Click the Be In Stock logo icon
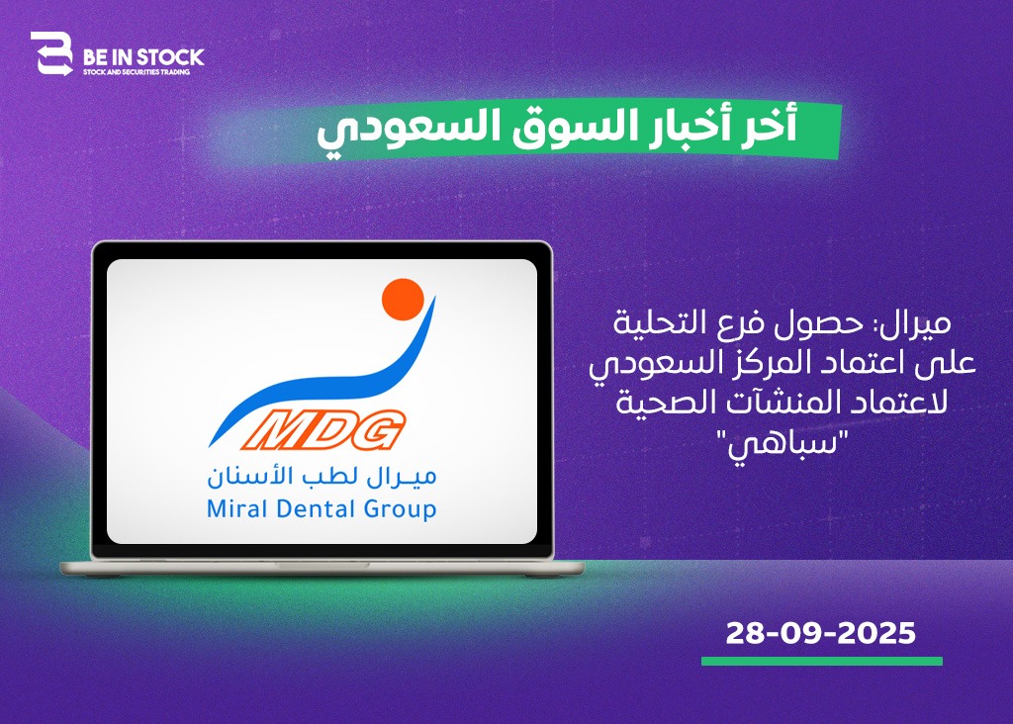tap(51, 53)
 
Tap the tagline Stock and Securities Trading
tap(137, 72)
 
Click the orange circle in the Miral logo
tap(403, 299)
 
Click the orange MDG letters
tap(324, 429)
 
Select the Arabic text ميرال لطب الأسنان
tap(322, 477)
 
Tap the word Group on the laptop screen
tap(400, 510)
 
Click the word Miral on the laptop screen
tap(236, 509)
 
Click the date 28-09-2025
tap(820, 634)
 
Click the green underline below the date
tap(822, 662)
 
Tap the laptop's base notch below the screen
tap(322, 565)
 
